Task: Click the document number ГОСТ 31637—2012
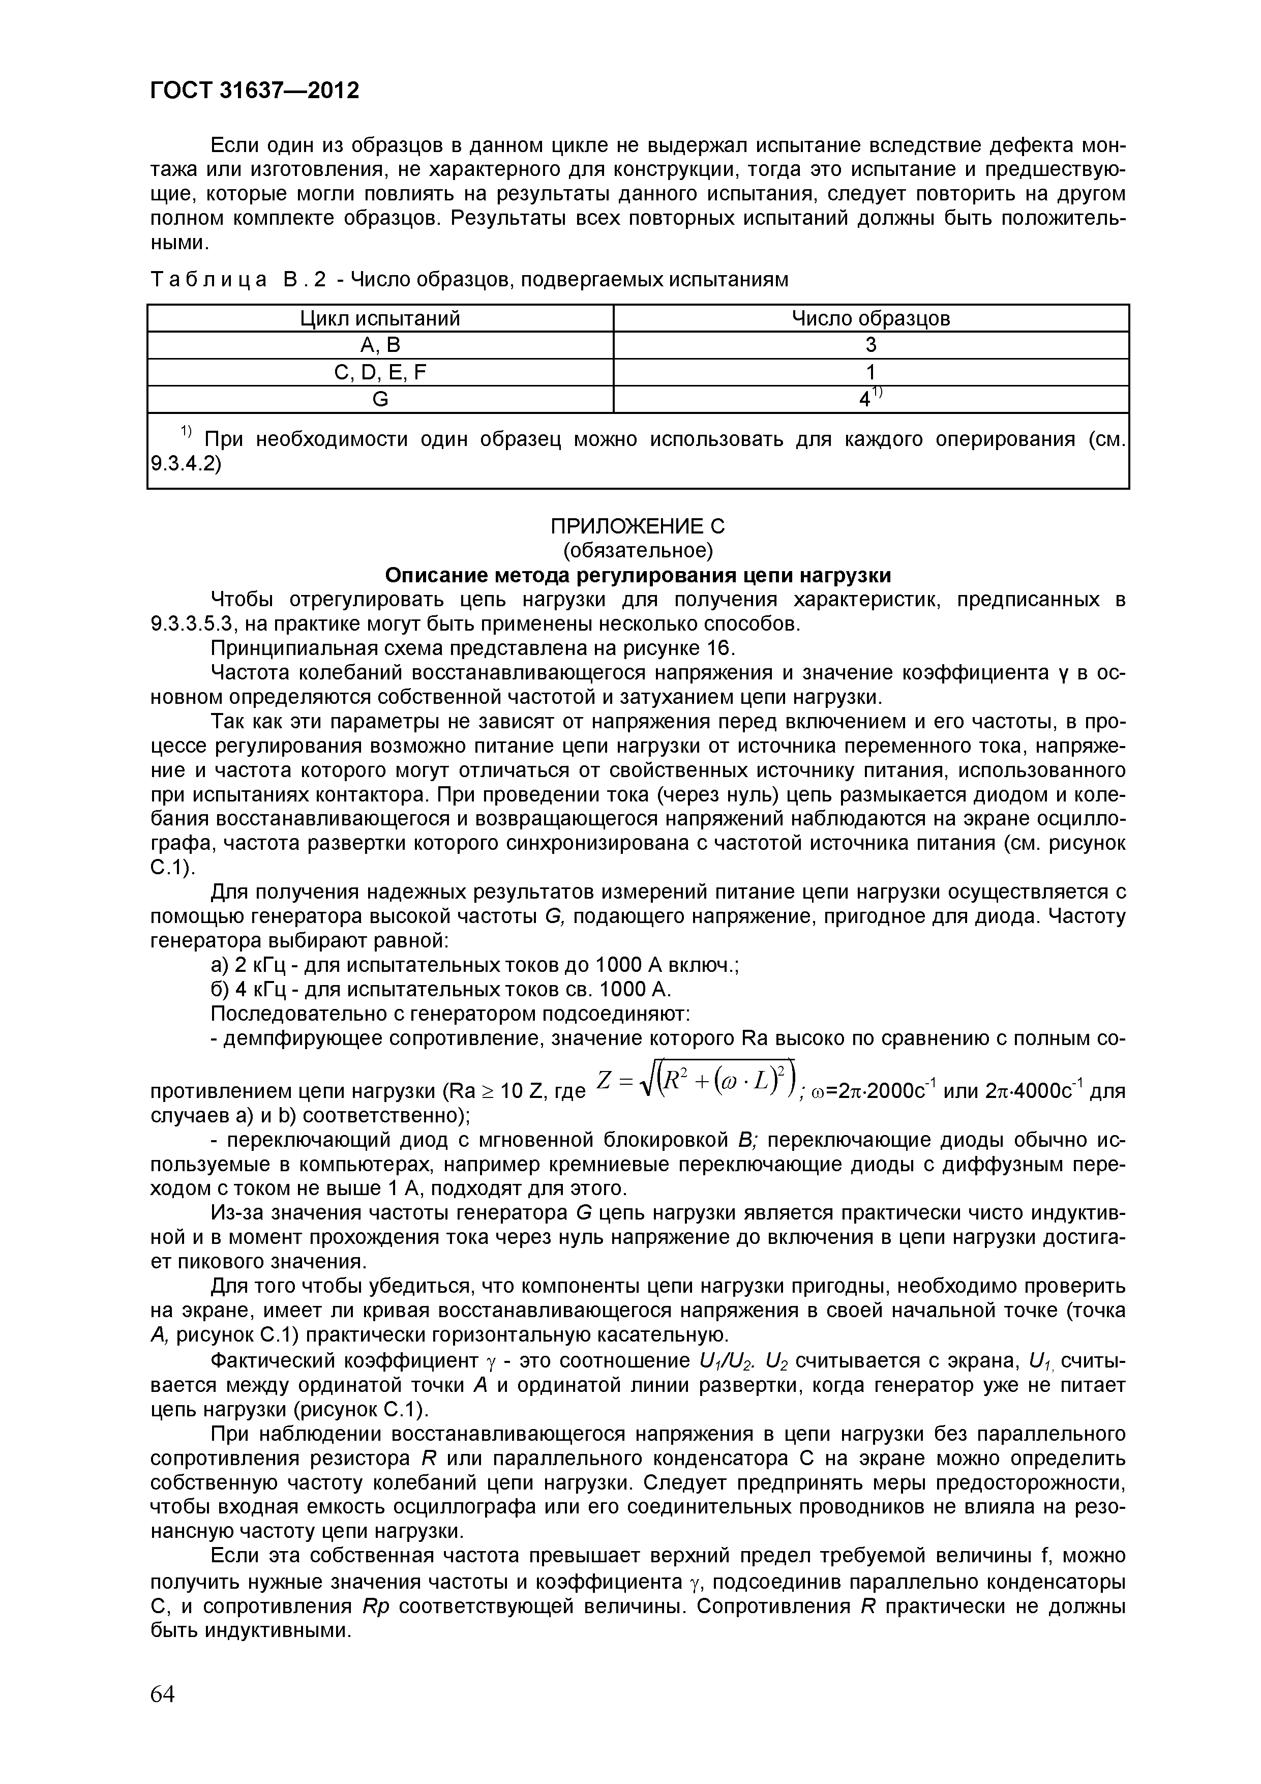[x=254, y=91]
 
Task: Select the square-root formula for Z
[x=696, y=1081]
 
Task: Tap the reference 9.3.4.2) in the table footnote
[x=185, y=464]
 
